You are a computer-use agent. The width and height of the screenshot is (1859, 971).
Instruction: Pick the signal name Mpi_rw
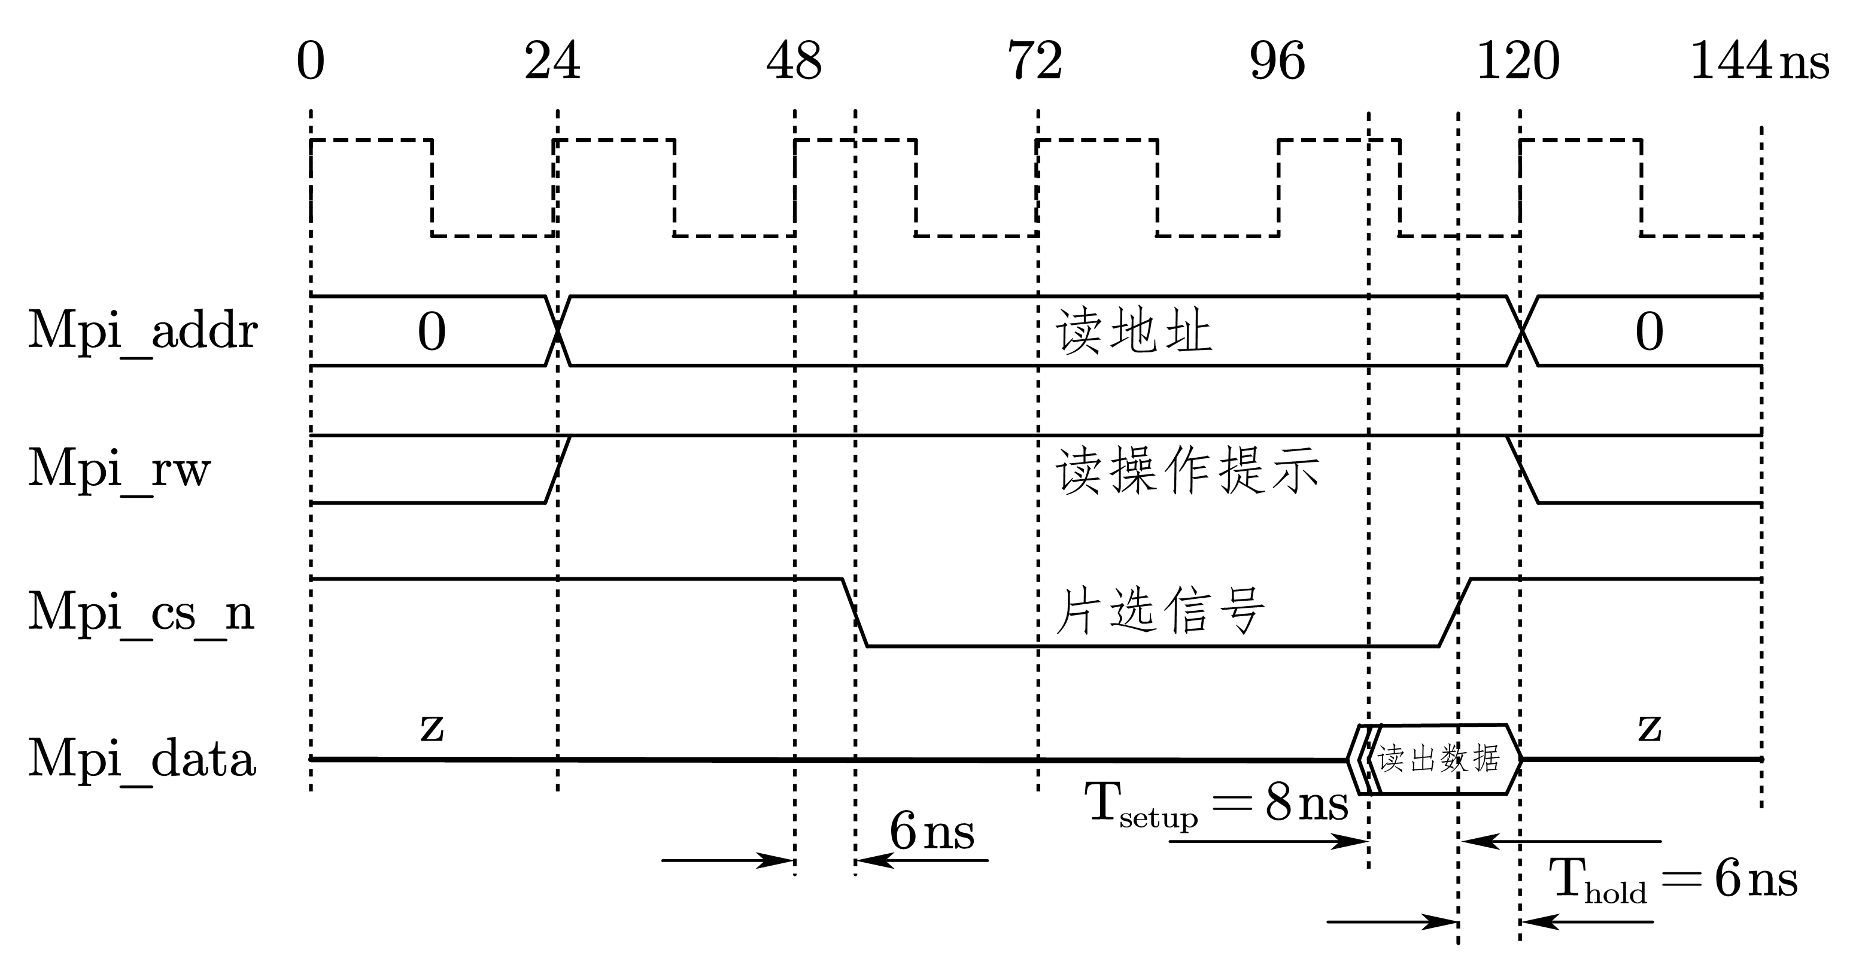tap(119, 470)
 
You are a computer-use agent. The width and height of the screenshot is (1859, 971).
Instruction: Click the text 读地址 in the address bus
tap(1134, 332)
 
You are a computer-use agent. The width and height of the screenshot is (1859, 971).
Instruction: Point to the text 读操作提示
tap(1187, 470)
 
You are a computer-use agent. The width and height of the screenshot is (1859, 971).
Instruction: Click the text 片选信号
tap(1160, 610)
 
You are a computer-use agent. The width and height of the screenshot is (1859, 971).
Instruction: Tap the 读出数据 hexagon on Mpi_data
tap(1439, 759)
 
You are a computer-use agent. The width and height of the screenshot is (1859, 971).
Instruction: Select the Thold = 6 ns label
tap(1673, 881)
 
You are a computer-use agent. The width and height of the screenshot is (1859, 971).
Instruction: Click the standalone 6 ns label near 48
tap(932, 832)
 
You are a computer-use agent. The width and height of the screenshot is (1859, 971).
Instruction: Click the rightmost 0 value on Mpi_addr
tap(1649, 332)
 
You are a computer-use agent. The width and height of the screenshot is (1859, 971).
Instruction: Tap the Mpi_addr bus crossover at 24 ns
tap(558, 331)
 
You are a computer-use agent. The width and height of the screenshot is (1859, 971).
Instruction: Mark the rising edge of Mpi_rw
tap(558, 469)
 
